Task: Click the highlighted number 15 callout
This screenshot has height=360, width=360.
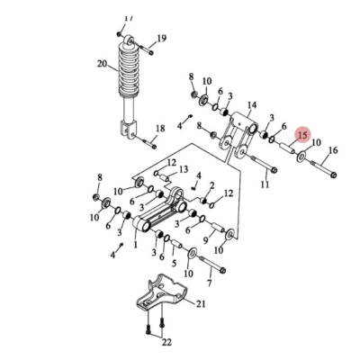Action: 302,135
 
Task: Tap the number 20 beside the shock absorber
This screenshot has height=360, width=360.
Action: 102,64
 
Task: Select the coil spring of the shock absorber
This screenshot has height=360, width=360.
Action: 129,70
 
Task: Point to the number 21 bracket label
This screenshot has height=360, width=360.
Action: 201,304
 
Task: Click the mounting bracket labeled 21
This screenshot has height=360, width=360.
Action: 162,292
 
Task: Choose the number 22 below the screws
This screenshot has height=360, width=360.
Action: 166,342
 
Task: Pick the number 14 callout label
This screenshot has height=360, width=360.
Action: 252,105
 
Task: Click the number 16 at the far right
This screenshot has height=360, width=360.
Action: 333,150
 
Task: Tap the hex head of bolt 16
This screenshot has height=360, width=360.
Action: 334,175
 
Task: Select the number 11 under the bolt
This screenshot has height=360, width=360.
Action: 265,184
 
